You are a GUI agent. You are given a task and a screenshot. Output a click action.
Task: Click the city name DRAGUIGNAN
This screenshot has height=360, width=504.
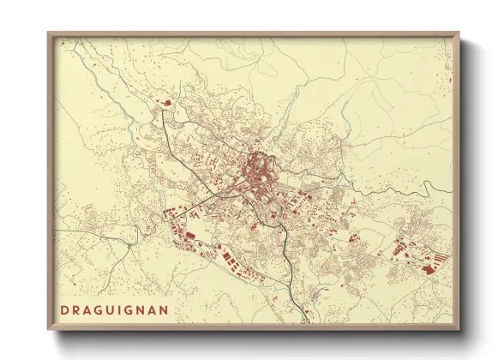[x=113, y=308]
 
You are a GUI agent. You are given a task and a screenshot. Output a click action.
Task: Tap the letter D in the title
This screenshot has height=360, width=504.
[x=63, y=308]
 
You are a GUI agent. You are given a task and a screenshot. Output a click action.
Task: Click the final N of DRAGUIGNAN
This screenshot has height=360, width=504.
[x=164, y=308]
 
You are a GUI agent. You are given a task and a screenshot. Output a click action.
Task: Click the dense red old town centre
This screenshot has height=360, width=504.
[x=257, y=164]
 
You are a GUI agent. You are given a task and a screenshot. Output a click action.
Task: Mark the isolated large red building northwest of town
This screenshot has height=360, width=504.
[x=166, y=103]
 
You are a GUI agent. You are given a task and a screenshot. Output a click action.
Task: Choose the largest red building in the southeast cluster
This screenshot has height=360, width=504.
[x=428, y=268]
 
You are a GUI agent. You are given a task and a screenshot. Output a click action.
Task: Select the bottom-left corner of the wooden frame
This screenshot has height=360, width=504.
[x=48, y=331]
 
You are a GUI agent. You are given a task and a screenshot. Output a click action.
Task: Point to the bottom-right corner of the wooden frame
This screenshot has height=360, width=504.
[x=459, y=331]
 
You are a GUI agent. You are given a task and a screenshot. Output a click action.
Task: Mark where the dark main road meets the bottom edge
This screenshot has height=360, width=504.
[x=302, y=322]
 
